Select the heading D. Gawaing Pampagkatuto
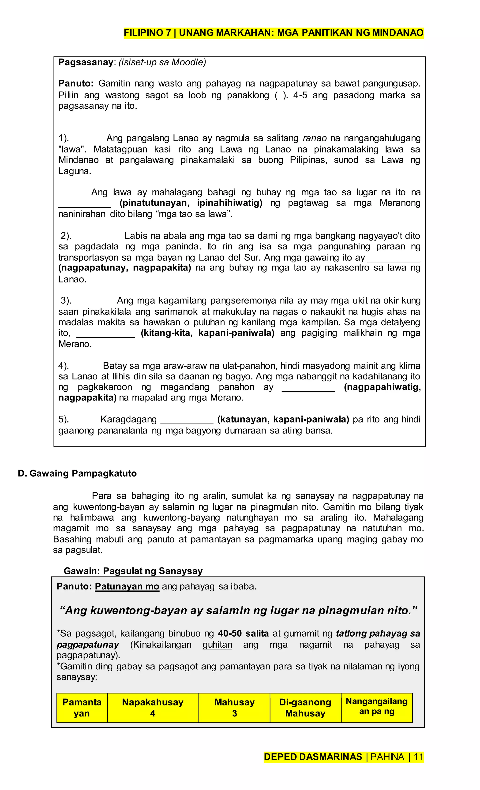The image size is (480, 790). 77,473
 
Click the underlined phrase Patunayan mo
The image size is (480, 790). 127,586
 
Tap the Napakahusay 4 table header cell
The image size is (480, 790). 153,708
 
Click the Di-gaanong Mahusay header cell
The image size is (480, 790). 305,708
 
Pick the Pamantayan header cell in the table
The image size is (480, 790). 82,708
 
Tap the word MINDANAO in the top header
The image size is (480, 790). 398,33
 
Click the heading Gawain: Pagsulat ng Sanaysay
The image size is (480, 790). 133,571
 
